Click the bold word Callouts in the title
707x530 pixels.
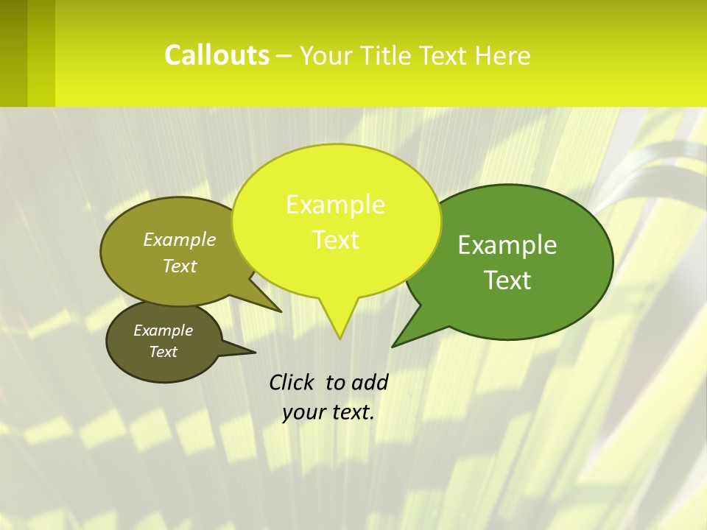pyautogui.click(x=217, y=55)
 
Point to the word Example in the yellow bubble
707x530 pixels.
pyautogui.click(x=335, y=205)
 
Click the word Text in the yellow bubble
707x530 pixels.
pyautogui.click(x=335, y=240)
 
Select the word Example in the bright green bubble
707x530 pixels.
pyautogui.click(x=507, y=245)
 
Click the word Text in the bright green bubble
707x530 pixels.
pyautogui.click(x=507, y=280)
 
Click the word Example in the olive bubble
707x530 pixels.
pyautogui.click(x=180, y=239)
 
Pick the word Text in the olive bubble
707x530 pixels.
pyautogui.click(x=180, y=266)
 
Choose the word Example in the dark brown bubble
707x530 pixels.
pyautogui.click(x=163, y=331)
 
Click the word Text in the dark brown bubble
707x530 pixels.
pyautogui.click(x=163, y=352)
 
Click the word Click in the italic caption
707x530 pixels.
pyautogui.click(x=292, y=382)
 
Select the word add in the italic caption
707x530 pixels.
pyautogui.click(x=370, y=382)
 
